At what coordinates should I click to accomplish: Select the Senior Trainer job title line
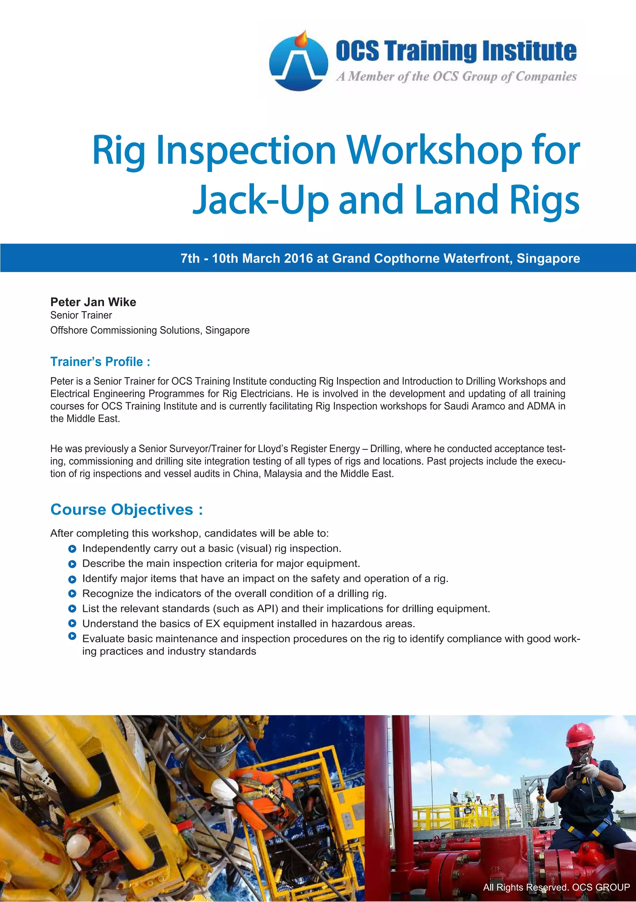pos(81,315)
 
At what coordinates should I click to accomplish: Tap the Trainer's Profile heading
pos(100,361)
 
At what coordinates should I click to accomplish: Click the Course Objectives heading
pos(126,510)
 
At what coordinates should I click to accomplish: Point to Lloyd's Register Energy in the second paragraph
pos(309,449)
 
